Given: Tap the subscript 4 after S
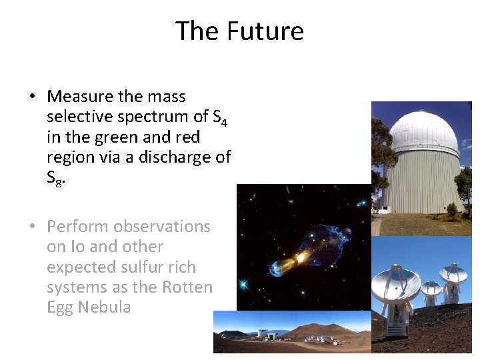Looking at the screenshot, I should point(225,121).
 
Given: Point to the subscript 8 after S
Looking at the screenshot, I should point(59,183).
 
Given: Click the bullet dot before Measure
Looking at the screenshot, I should point(32,97).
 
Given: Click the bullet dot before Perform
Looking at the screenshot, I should point(32,227).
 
